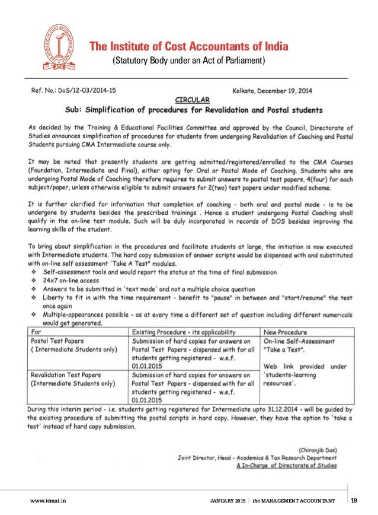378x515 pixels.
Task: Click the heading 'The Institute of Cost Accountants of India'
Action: (188, 47)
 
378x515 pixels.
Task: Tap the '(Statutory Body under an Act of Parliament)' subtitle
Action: (188, 61)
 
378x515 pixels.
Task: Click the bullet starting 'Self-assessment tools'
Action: (160, 272)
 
